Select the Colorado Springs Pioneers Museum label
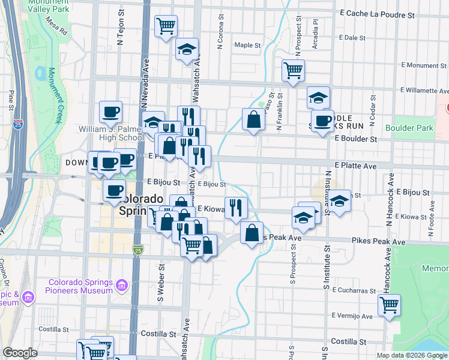pos(81,287)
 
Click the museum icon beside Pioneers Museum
pos(122,284)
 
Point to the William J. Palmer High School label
pos(111,133)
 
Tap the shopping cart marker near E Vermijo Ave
pos(390,305)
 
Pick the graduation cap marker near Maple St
pos(187,50)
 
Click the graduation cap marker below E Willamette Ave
pos(318,97)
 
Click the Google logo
pos(20,353)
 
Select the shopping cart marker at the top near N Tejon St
pos(166,26)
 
